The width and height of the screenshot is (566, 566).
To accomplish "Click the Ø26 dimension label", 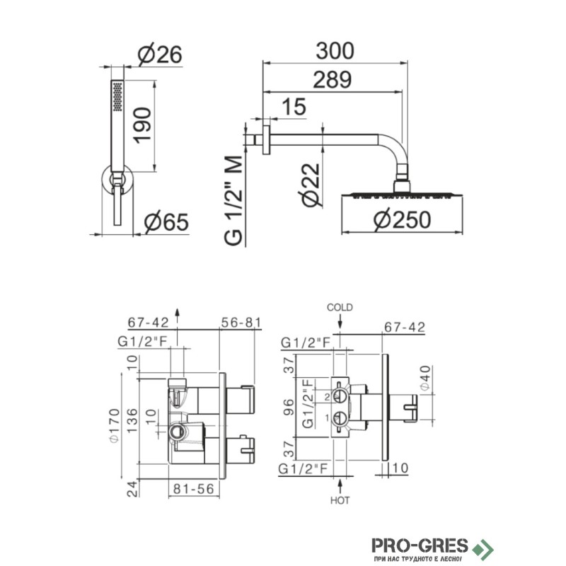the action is click(160, 55).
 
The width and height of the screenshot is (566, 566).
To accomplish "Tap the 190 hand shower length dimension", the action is click(143, 125).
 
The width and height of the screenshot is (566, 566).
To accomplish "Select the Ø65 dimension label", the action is click(166, 221).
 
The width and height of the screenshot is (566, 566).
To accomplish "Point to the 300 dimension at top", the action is click(335, 50).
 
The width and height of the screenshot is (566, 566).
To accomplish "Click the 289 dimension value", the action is click(332, 80).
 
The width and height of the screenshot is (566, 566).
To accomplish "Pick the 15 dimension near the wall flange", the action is click(294, 107).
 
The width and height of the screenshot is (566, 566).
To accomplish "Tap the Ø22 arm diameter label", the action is click(310, 185).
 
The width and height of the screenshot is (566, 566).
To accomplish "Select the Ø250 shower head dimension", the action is click(403, 220).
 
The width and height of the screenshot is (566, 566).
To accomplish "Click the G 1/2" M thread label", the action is click(233, 201).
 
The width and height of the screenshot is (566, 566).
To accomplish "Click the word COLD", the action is click(340, 308).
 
